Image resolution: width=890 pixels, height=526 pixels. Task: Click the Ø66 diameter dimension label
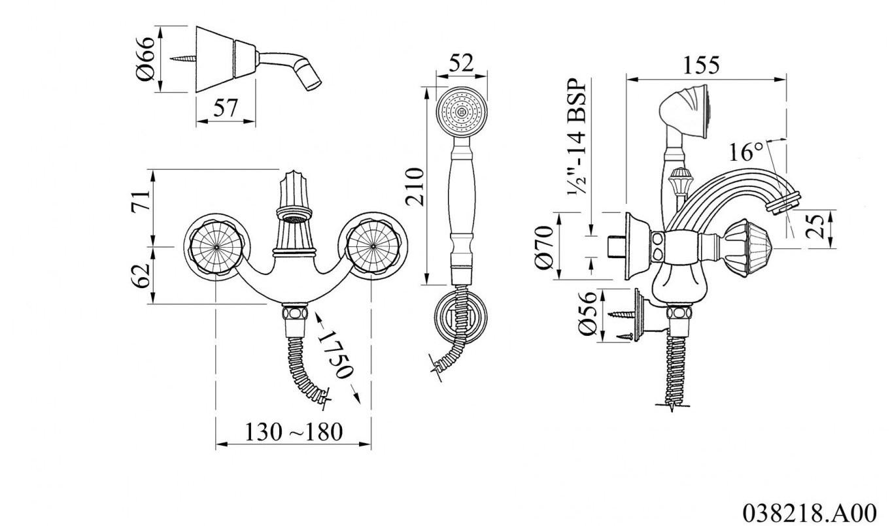tap(145, 59)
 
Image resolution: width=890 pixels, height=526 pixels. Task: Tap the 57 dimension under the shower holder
tap(226, 107)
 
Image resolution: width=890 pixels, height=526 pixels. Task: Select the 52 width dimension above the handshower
tap(461, 63)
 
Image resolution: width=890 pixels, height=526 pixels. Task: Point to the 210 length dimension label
tap(415, 186)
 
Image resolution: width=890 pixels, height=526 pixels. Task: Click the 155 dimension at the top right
tap(701, 65)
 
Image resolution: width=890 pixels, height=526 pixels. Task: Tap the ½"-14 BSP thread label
tap(577, 136)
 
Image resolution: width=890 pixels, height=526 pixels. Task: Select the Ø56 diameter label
tap(588, 314)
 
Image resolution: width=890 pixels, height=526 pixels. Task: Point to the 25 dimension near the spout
tap(815, 226)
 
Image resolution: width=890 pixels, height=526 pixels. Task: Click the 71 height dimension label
tap(141, 201)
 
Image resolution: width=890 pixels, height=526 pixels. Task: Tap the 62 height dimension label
tap(141, 275)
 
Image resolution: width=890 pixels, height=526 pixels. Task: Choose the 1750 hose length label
tap(335, 353)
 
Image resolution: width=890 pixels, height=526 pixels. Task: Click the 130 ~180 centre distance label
tap(294, 432)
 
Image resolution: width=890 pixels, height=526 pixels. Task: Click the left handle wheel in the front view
tap(216, 247)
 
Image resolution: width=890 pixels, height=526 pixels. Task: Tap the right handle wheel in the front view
tap(373, 247)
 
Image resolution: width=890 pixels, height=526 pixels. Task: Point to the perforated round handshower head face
tap(461, 112)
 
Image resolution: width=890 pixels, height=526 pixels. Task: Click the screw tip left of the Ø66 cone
tap(171, 59)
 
